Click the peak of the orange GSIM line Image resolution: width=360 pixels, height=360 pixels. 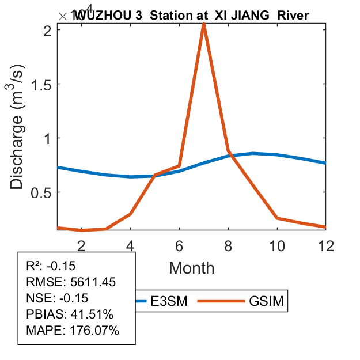click(204, 25)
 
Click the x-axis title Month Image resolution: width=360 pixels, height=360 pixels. click(191, 268)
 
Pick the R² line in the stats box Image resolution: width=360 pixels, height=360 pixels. click(51, 266)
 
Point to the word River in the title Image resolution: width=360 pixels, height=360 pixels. click(293, 16)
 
